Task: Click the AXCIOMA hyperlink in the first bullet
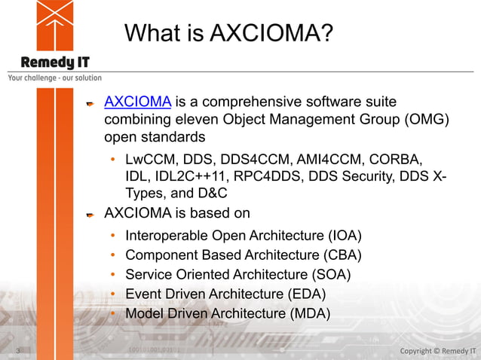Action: pyautogui.click(x=136, y=102)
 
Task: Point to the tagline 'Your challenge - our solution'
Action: pyautogui.click(x=54, y=78)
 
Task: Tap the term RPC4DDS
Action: pyautogui.click(x=270, y=177)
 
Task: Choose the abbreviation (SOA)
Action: pyautogui.click(x=332, y=275)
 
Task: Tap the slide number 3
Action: pyautogui.click(x=18, y=351)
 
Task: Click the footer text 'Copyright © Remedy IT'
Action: pyautogui.click(x=437, y=351)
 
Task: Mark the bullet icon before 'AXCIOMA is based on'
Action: pyautogui.click(x=90, y=215)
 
